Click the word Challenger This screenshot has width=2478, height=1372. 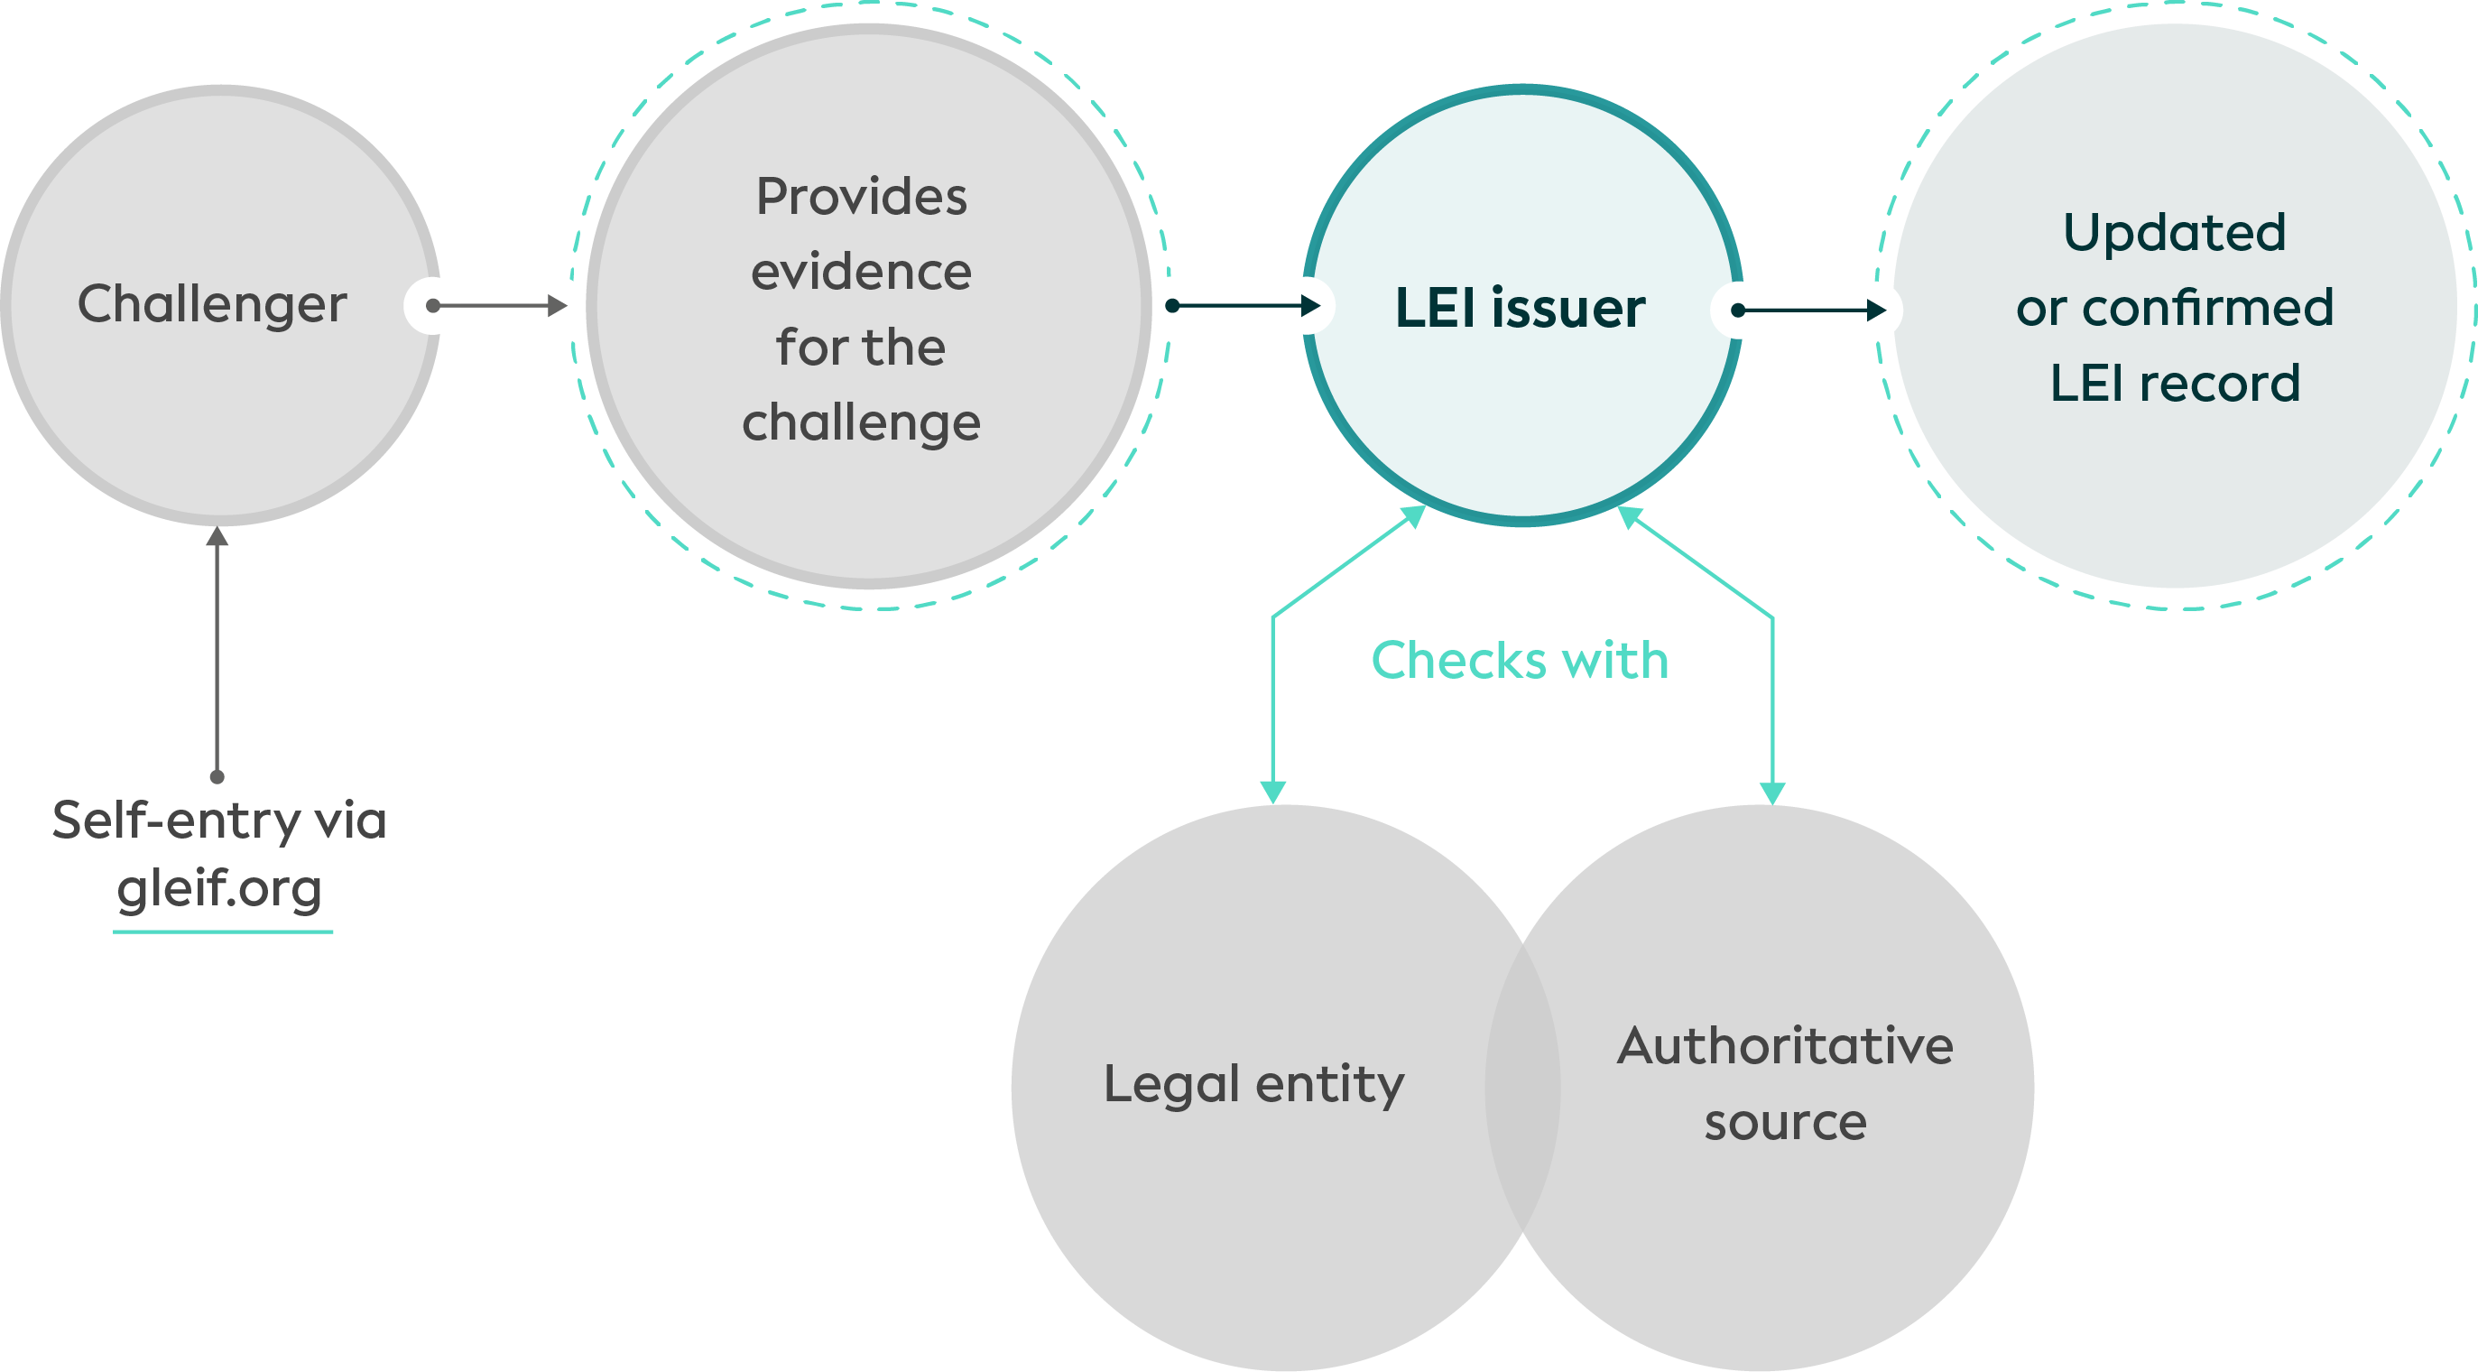pyautogui.click(x=212, y=305)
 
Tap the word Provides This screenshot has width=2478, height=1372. pyautogui.click(x=861, y=198)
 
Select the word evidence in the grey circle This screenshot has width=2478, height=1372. pyautogui.click(x=861, y=273)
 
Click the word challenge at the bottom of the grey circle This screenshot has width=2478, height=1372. pyautogui.click(x=861, y=423)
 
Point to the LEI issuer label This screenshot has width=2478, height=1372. pyautogui.click(x=1520, y=308)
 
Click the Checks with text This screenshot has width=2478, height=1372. pyautogui.click(x=1520, y=661)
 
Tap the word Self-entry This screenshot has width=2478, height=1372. pyautogui.click(x=176, y=820)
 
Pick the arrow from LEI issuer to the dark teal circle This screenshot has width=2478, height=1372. pyautogui.click(x=1810, y=310)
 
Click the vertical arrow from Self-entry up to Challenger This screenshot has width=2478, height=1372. pyautogui.click(x=217, y=654)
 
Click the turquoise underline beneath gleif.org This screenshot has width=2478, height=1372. pyautogui.click(x=223, y=932)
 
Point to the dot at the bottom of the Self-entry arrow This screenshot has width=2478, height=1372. pyautogui.click(x=217, y=776)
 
